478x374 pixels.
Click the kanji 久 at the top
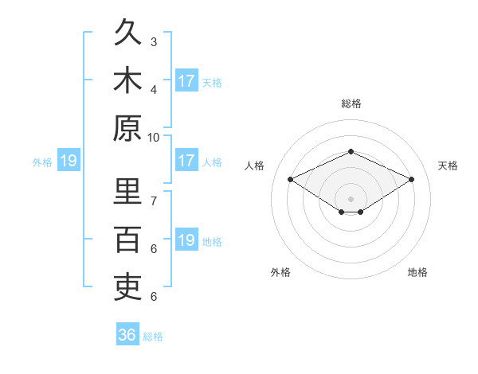point(127,32)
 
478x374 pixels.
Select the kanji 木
point(127,80)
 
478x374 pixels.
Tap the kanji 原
point(127,128)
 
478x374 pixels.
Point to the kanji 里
point(127,191)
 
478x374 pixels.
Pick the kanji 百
point(127,240)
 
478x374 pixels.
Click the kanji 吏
point(127,287)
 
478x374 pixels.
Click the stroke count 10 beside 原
point(153,138)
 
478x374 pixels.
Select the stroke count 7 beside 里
point(154,201)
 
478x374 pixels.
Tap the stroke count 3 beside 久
point(154,42)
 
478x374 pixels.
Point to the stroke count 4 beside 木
point(154,90)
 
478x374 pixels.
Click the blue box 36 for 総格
point(127,333)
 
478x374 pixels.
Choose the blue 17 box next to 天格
point(186,80)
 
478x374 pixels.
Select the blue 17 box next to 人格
point(186,160)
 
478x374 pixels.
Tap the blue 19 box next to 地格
point(186,239)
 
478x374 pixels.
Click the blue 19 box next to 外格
point(69,160)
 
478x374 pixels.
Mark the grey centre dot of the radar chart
point(351,199)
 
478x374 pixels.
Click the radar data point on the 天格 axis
point(412,179)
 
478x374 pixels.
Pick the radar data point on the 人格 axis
point(291,179)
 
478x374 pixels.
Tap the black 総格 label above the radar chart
point(351,103)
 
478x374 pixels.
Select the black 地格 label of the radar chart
point(417,272)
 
